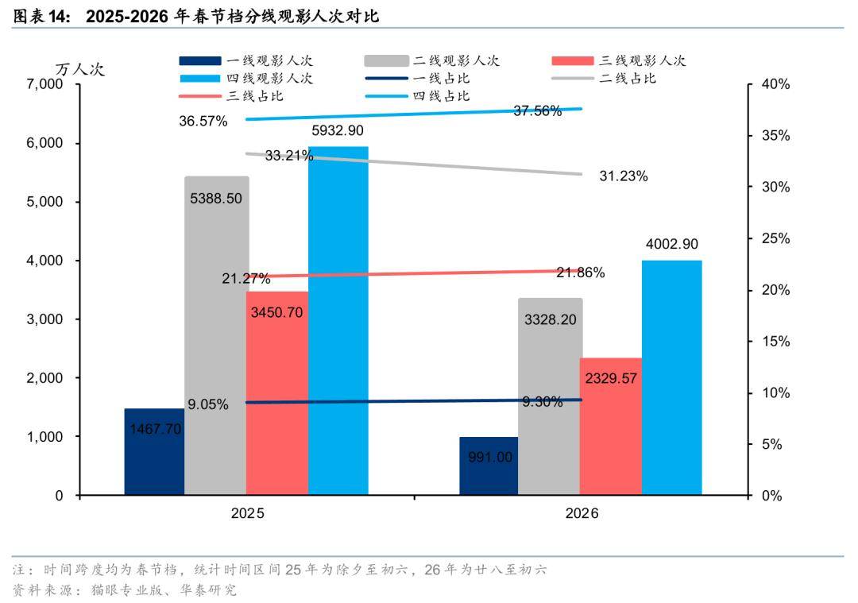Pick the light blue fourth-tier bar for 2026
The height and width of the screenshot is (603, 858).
tap(672, 377)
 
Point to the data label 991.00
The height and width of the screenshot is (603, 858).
tap(489, 457)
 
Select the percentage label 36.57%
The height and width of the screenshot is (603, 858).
tap(203, 121)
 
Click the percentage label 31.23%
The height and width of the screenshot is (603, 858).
tap(624, 176)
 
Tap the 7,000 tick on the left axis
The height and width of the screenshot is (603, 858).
tap(44, 85)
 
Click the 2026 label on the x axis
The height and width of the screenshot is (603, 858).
tap(582, 514)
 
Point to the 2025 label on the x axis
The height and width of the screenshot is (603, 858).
tap(248, 514)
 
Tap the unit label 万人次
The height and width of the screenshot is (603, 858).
tap(79, 69)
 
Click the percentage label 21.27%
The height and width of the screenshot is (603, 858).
tap(246, 278)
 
